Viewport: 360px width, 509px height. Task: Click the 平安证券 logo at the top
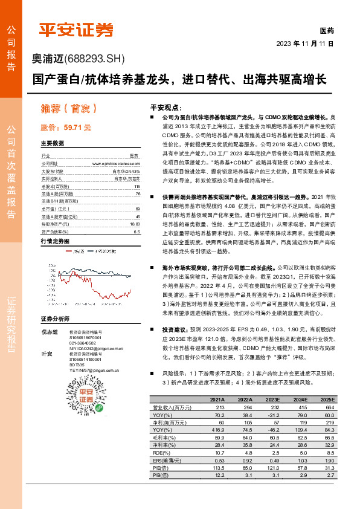coord(76,30)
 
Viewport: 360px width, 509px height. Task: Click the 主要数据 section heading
coord(53,144)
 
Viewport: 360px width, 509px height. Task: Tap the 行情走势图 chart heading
coord(54,241)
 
